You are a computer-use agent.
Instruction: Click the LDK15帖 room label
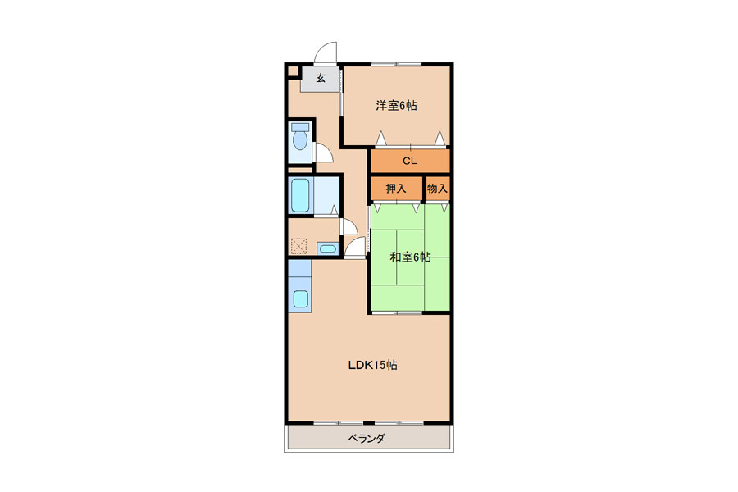tap(372, 365)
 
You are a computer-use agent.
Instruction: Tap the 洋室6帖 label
tap(396, 105)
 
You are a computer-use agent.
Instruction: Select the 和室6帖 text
tap(410, 257)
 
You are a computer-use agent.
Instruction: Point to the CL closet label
tap(409, 161)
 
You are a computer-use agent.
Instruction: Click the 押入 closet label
tap(396, 189)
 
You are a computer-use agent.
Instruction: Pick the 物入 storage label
tap(437, 189)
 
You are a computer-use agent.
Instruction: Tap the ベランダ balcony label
tap(367, 439)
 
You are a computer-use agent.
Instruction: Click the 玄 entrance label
tap(321, 78)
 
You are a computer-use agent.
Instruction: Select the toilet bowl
tap(300, 140)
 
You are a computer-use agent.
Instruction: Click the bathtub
tap(300, 195)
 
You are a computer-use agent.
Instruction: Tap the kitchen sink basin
tap(300, 298)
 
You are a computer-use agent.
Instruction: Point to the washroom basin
tap(327, 248)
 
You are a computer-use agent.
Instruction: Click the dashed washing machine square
tap(298, 246)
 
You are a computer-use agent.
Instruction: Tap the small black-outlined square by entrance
tap(293, 71)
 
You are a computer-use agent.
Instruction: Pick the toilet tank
tap(300, 127)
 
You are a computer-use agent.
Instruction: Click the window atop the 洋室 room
tap(396, 64)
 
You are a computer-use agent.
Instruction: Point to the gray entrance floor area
tap(320, 79)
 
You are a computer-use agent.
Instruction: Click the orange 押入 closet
tap(396, 189)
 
